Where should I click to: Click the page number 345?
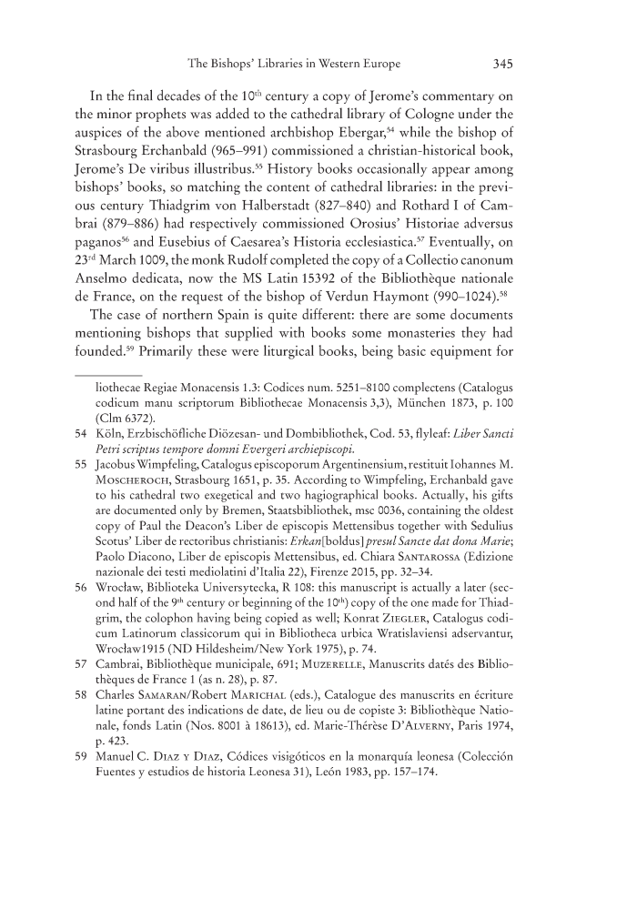click(505, 65)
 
